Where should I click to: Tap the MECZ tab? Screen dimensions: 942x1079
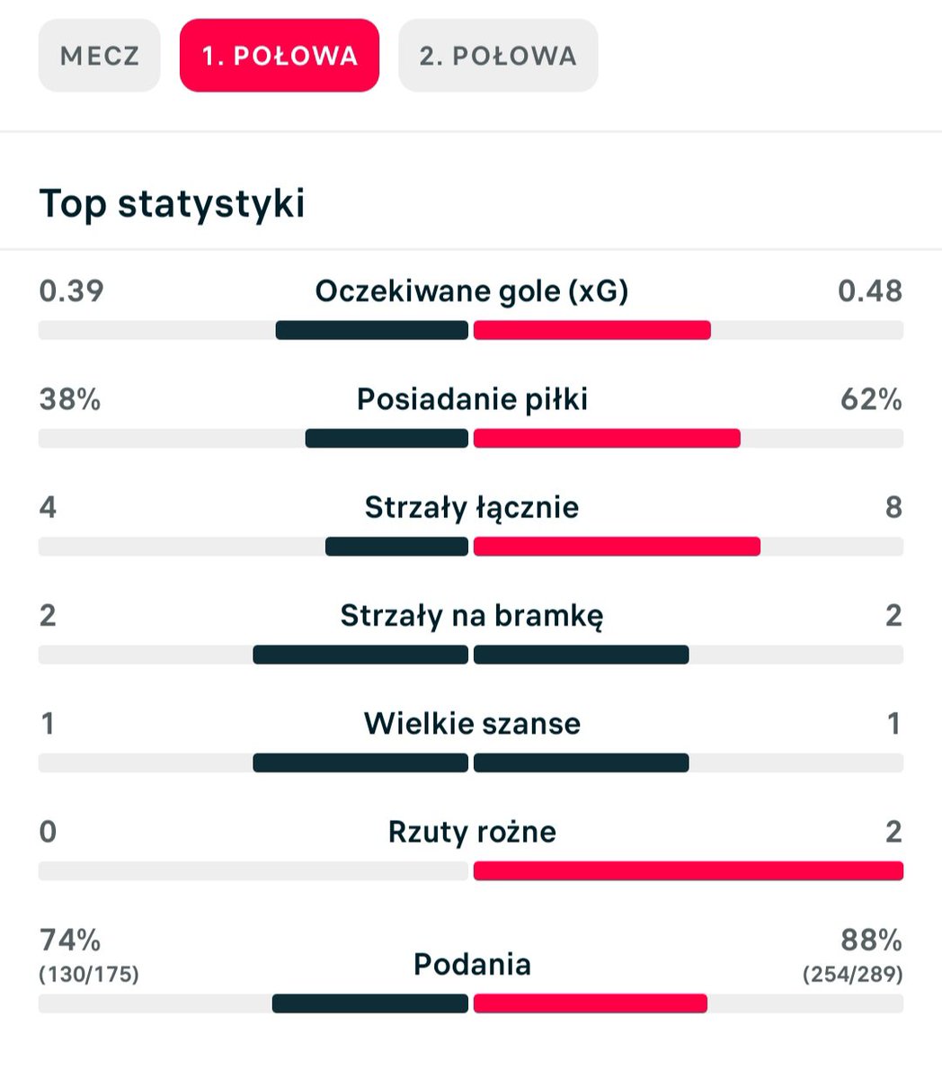[99, 56]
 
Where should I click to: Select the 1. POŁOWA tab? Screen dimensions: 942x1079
[280, 56]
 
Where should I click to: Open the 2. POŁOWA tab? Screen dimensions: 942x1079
[498, 56]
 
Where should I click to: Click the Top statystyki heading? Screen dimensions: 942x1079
[172, 203]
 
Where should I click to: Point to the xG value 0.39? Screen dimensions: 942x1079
[71, 290]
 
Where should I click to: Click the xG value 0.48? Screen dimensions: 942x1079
[870, 290]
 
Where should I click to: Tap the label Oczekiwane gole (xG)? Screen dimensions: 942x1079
[472, 291]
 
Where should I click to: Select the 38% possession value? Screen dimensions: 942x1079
[69, 399]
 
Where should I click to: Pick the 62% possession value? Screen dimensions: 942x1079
[871, 399]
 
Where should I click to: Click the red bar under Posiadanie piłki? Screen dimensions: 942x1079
[607, 438]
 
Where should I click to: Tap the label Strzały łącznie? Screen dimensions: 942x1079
[472, 508]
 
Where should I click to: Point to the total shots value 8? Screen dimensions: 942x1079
[894, 507]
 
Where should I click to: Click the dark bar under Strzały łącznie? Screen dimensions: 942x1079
[396, 547]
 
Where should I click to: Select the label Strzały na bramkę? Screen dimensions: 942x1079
[472, 616]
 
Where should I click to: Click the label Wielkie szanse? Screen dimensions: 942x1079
[472, 723]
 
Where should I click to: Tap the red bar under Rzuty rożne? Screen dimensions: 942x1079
[689, 870]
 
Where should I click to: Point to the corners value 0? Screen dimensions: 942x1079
[48, 832]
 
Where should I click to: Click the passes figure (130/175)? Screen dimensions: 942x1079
[89, 975]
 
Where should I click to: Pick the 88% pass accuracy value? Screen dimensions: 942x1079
[871, 940]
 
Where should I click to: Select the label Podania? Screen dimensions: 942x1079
[472, 965]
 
